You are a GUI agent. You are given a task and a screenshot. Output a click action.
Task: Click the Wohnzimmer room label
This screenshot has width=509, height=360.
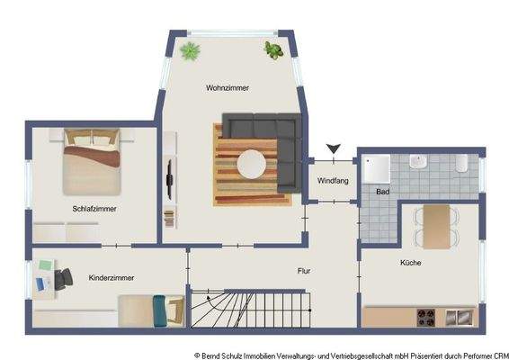pos(227,88)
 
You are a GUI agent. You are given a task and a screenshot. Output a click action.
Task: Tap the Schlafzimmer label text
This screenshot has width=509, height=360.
pos(95,209)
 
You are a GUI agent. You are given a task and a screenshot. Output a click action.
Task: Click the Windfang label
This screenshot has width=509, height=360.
pos(332,181)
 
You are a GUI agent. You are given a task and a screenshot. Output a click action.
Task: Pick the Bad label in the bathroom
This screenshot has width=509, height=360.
pos(382,193)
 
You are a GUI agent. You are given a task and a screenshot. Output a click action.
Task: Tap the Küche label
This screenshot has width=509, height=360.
pos(411,263)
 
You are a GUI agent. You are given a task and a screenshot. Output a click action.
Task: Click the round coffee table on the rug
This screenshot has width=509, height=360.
pos(251,164)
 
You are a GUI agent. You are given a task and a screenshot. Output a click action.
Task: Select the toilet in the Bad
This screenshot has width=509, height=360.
pos(460,163)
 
